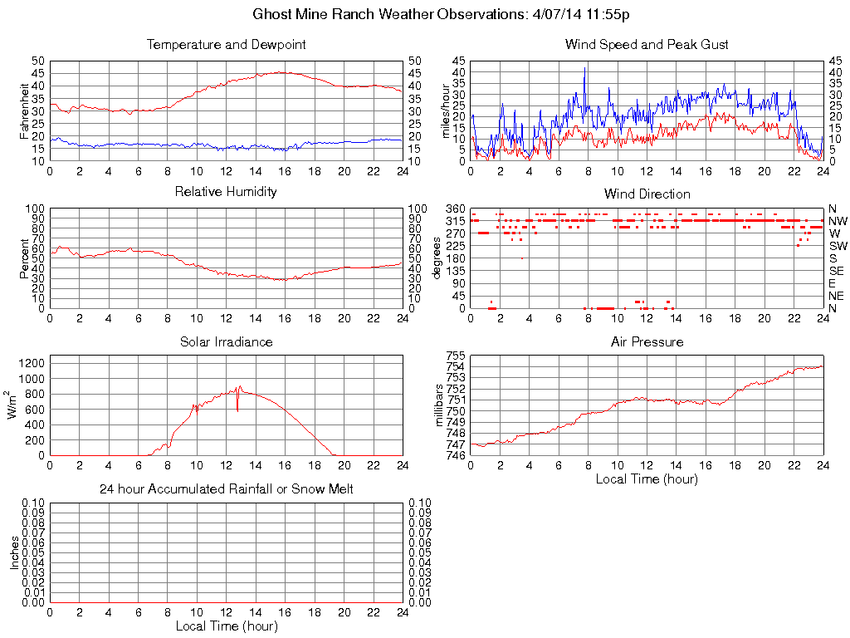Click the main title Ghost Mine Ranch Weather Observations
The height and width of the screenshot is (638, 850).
click(446, 15)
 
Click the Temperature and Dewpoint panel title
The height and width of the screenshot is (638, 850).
click(226, 45)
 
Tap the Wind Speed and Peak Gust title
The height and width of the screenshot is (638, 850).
click(647, 45)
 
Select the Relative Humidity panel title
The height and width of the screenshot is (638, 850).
click(226, 192)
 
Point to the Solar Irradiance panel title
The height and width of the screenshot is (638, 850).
click(226, 341)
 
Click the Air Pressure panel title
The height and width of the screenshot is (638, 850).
click(647, 341)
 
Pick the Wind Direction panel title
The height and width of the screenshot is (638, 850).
click(647, 194)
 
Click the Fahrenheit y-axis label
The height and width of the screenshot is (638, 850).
click(23, 110)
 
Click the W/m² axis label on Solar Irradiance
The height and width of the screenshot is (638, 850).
click(13, 405)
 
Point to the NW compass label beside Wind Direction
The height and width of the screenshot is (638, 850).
click(838, 221)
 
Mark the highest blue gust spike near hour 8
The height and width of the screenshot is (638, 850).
click(584, 68)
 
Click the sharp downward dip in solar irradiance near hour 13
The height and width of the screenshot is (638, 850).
click(237, 410)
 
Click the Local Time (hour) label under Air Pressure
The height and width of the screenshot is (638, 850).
click(647, 479)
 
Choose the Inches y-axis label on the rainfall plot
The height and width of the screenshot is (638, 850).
click(14, 552)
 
